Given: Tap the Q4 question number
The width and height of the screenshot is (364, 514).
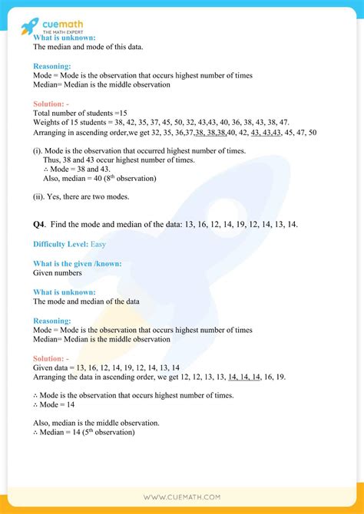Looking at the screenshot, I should tap(39, 224).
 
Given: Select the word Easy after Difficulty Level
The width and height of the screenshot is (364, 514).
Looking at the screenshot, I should tap(98, 244).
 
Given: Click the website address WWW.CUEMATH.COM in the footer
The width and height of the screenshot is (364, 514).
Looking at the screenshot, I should tap(181, 498).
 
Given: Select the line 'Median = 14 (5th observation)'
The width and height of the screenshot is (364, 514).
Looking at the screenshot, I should tap(84, 433).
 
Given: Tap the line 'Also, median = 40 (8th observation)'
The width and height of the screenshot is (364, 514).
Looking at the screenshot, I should tap(100, 179).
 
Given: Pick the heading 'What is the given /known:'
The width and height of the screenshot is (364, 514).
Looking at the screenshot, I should tap(77, 263).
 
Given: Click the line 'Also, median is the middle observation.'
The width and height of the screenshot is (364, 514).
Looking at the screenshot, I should tap(96, 423).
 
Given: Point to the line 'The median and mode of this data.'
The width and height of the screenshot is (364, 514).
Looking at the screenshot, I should tap(88, 47).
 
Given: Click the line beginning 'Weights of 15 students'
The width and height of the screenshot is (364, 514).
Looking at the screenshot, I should tap(150, 122).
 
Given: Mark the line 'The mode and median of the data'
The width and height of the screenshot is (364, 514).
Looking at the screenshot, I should tap(86, 301).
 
